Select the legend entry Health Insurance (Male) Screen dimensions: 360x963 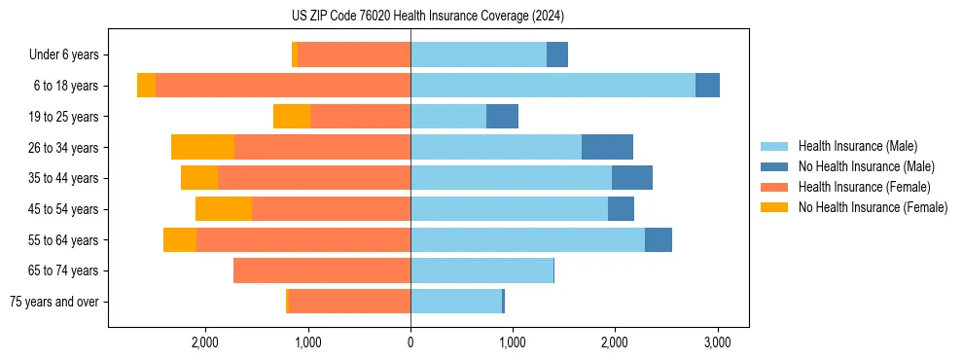[x=857, y=146]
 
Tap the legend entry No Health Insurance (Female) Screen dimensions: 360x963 [x=873, y=207]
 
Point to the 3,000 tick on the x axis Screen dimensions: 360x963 [x=717, y=342]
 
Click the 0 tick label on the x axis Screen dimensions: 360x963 [x=410, y=342]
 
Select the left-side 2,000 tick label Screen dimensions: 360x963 [x=205, y=342]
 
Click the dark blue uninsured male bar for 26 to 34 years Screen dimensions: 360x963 [x=607, y=147]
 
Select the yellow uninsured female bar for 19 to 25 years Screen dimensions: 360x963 [x=292, y=117]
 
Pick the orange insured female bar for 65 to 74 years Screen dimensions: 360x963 [x=322, y=270]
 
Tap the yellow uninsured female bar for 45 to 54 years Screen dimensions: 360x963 [x=224, y=209]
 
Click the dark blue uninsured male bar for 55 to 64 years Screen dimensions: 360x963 [x=658, y=239]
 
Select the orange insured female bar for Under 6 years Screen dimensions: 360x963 [x=354, y=54]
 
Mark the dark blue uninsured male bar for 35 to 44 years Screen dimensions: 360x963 [x=631, y=178]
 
